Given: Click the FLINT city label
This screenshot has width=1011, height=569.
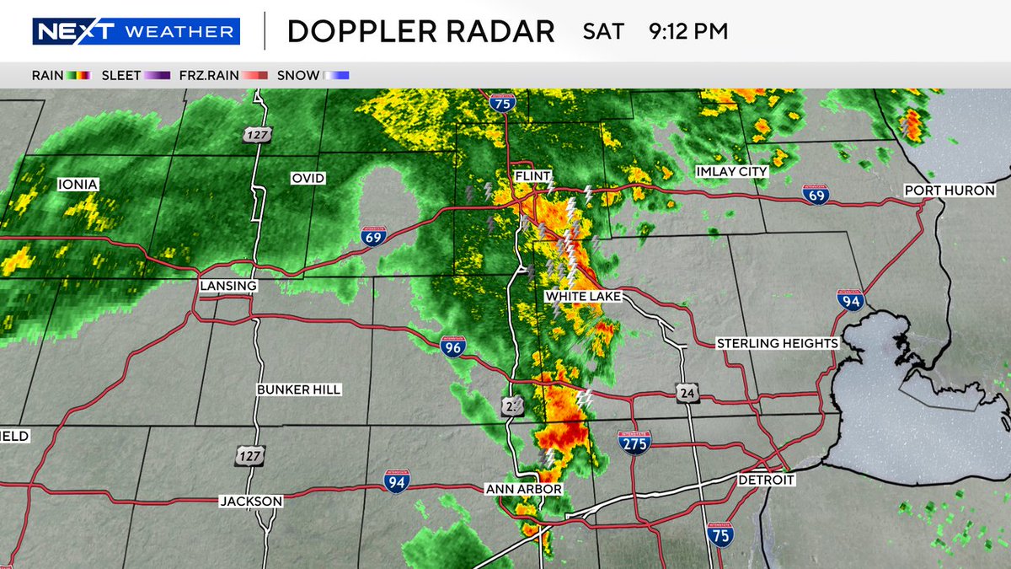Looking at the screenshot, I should click(x=534, y=176).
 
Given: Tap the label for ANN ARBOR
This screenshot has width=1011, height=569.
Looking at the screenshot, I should click(x=523, y=489).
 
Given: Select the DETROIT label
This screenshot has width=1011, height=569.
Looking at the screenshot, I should click(x=766, y=480).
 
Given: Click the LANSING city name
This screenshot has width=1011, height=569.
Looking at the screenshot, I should click(x=228, y=287).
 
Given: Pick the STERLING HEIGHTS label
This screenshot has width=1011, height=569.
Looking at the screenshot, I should click(x=778, y=343).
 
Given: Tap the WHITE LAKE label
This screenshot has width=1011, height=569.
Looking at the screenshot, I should click(x=583, y=297).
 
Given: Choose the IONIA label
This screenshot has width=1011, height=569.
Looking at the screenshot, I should click(x=78, y=184).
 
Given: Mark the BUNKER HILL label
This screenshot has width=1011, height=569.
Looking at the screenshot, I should click(x=300, y=390).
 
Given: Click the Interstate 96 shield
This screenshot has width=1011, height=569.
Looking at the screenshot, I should click(x=452, y=345).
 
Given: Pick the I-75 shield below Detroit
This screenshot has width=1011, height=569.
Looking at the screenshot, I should click(x=719, y=534).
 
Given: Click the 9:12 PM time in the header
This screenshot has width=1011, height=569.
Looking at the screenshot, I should click(x=688, y=32).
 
